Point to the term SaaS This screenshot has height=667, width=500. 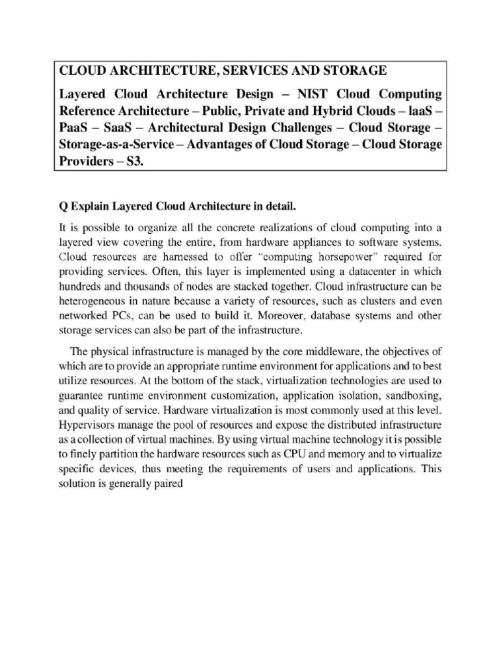pos(124,128)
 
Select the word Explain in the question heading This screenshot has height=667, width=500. pos(91,208)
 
